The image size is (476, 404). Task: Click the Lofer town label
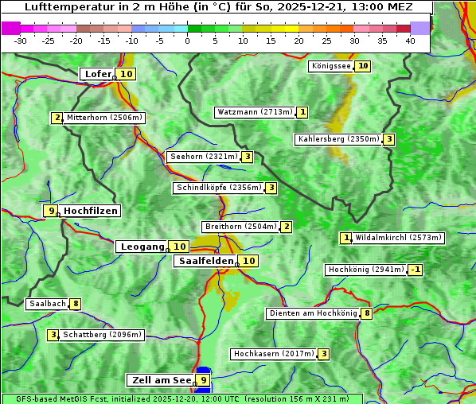coord(97,74)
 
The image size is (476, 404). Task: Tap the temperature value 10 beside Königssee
coord(363,66)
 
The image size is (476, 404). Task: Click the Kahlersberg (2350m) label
coord(338,139)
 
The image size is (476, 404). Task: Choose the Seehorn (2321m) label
coord(204,157)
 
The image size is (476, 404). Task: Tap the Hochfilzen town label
coord(91,211)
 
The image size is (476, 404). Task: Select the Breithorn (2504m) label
coord(240,227)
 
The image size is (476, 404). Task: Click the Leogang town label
coord(142,247)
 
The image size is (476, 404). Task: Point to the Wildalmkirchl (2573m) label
coord(398,237)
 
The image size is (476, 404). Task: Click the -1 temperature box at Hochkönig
coord(415,270)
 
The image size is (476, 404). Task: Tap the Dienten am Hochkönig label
coord(313,313)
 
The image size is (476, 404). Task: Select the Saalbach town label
coord(47,304)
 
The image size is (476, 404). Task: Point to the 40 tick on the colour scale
coord(410,40)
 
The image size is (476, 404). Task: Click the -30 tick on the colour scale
coord(21,40)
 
